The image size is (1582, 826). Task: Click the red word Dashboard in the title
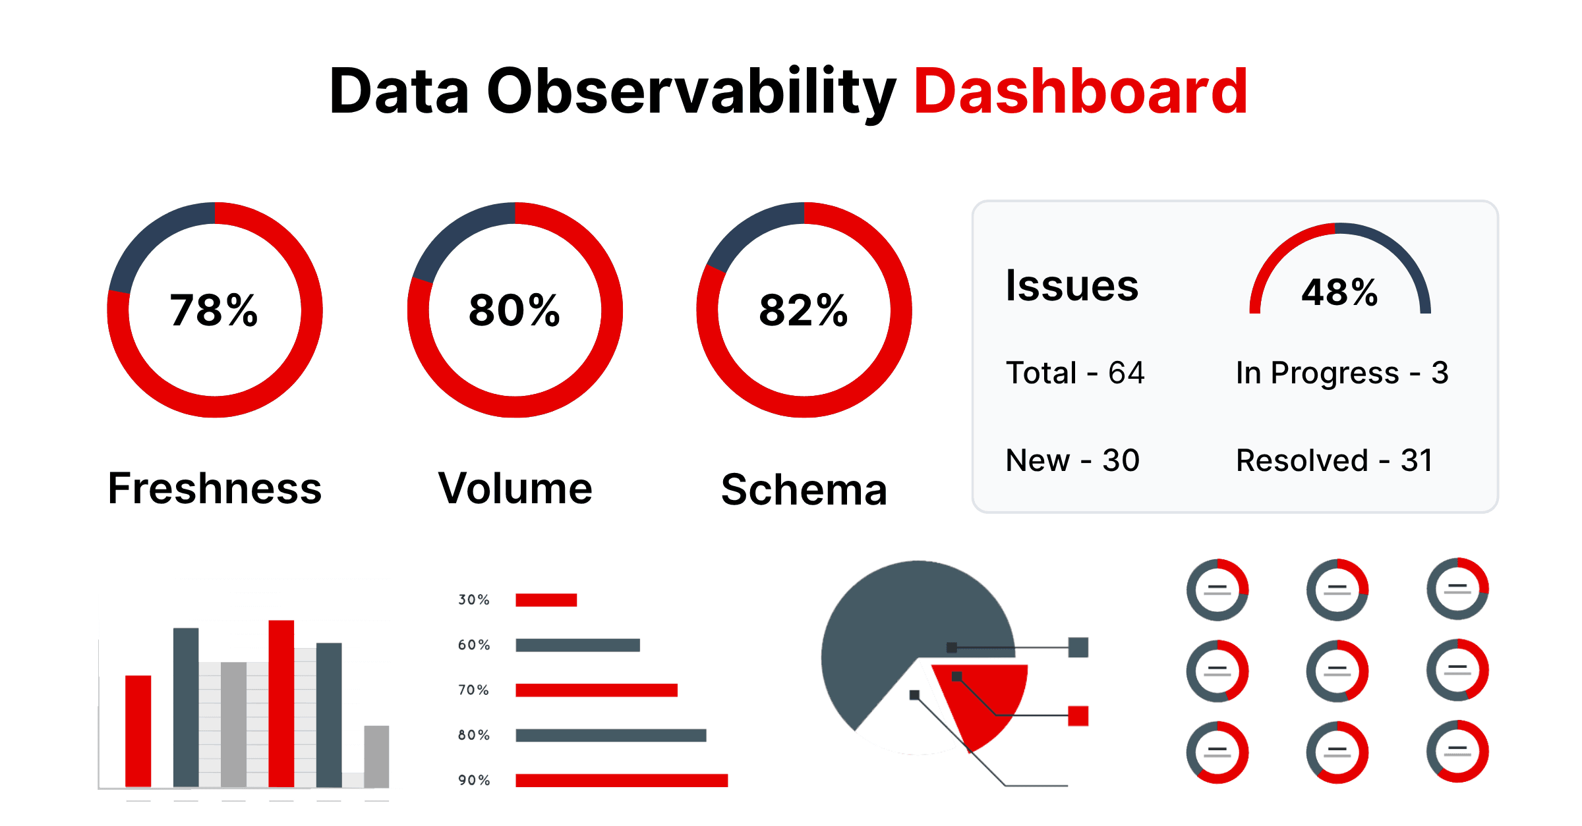point(1081,92)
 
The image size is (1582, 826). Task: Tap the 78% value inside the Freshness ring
point(214,310)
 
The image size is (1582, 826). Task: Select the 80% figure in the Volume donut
point(514,310)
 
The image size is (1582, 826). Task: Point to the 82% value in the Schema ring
point(803,310)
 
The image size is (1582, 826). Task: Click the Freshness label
point(215,489)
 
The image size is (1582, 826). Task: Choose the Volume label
point(515,489)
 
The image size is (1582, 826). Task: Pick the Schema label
point(804,490)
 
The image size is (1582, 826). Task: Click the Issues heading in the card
point(1072,286)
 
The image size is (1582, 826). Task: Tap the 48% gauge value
point(1339,292)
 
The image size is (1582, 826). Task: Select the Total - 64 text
point(1075,373)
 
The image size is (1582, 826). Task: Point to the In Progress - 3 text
point(1342,373)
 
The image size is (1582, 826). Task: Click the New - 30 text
point(1072,460)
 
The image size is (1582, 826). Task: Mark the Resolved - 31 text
point(1334,460)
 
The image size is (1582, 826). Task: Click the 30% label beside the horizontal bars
point(474,600)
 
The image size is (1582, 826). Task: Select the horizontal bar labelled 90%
point(621,781)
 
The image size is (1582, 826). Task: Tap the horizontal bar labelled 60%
point(577,645)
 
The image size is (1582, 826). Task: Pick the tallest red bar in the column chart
point(281,703)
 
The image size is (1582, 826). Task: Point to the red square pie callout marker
point(1078,716)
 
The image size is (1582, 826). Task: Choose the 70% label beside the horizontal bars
point(474,690)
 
